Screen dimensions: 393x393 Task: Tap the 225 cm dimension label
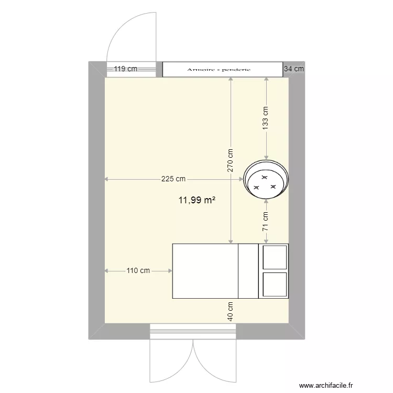pyautogui.click(x=173, y=179)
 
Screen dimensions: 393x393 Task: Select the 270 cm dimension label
pyautogui.click(x=231, y=160)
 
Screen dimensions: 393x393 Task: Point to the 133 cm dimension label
pyautogui.click(x=266, y=117)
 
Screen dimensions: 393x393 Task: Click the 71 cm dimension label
pyautogui.click(x=266, y=221)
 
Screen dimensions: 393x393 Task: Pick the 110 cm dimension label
pyautogui.click(x=138, y=271)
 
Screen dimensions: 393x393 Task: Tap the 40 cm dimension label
pyautogui.click(x=231, y=311)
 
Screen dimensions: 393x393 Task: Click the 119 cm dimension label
pyautogui.click(x=126, y=69)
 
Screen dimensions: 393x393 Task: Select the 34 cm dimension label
pyautogui.click(x=293, y=69)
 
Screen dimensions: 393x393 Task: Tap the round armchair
pyautogui.click(x=266, y=179)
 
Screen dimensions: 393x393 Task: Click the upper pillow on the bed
pyautogui.click(x=275, y=257)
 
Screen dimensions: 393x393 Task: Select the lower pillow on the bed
pyautogui.click(x=275, y=285)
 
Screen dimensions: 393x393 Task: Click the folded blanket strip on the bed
pyautogui.click(x=248, y=271)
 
